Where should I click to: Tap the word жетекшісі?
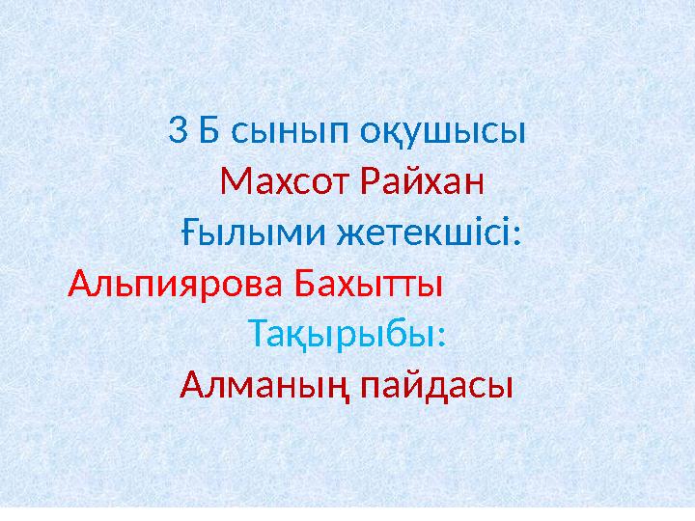[424, 233]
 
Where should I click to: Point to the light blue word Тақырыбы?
[343, 336]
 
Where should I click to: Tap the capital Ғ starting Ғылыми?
[190, 233]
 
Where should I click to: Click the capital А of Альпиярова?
[81, 285]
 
